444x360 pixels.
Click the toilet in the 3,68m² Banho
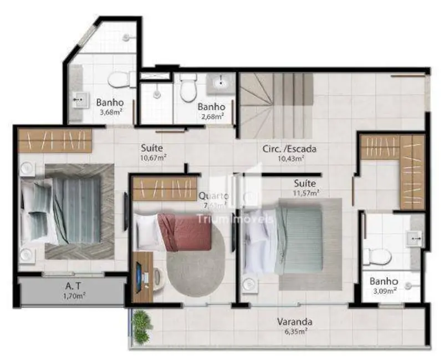[x=118, y=81]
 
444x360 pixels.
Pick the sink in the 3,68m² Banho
[x=79, y=101]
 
